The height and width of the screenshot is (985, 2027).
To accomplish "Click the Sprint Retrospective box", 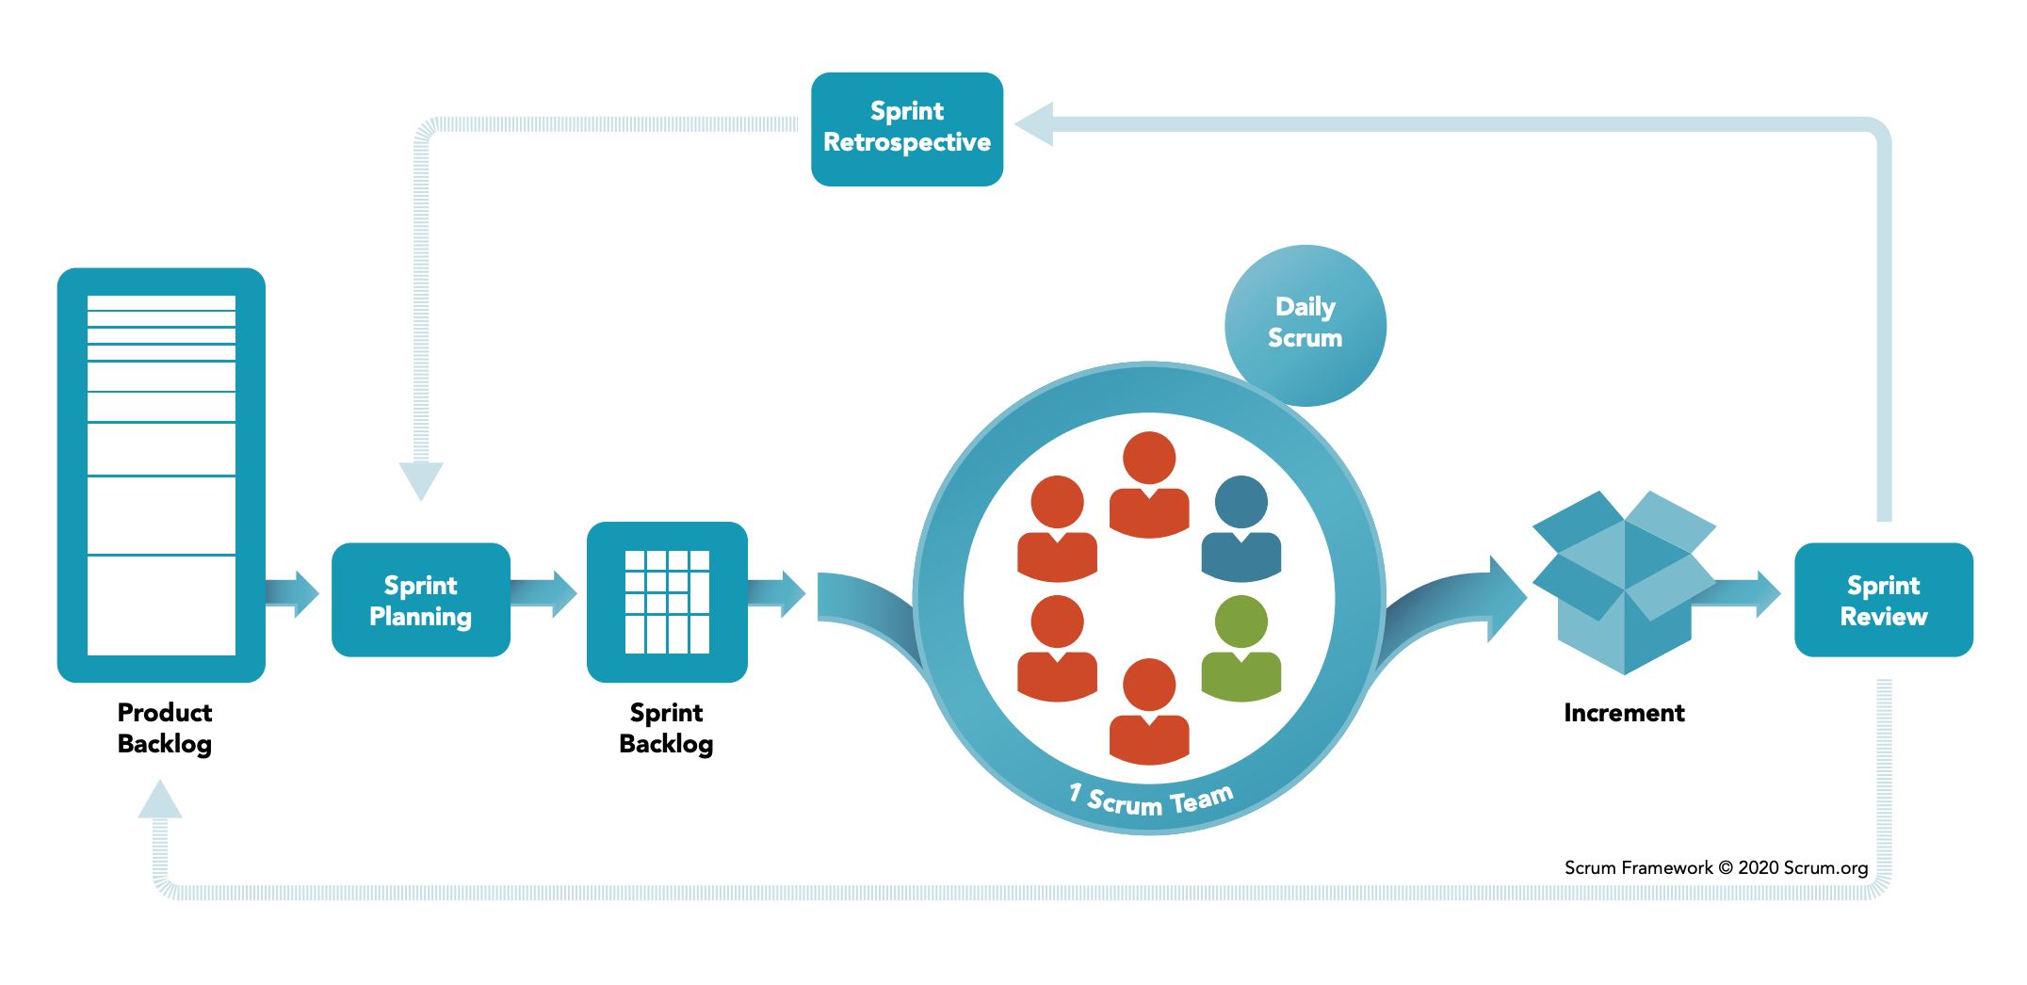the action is point(907,129).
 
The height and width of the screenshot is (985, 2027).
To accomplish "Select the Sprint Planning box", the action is point(421,600).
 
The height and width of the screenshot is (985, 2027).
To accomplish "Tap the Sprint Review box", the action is point(1884,600).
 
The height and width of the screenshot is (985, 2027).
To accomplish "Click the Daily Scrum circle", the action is point(1305,325).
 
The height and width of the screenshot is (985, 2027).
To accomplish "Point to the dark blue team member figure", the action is point(1241,529).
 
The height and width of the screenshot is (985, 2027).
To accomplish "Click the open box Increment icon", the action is point(1625,582).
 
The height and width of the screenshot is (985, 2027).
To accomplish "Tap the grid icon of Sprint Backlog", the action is point(667,602).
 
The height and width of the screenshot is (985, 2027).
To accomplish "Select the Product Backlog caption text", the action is point(165,728).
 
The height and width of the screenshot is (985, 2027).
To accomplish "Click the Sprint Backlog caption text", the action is point(666,728).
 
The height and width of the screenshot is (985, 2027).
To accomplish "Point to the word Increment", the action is point(1624,713).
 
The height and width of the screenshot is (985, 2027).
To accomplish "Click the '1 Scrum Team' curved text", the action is point(1151,800).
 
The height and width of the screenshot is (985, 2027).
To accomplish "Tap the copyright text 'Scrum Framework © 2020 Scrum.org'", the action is point(1716,867).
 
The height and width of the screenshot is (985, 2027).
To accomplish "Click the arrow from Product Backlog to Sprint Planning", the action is point(292,593).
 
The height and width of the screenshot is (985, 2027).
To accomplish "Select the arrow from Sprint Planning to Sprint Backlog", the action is point(543,593).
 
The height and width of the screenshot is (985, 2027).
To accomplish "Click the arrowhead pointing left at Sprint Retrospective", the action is point(1034,124).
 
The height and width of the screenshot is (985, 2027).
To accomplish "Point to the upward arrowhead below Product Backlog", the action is point(160,799).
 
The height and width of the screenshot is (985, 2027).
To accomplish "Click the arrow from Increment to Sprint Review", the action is point(1738,593).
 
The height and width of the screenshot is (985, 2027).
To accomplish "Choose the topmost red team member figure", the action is point(1149,485).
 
